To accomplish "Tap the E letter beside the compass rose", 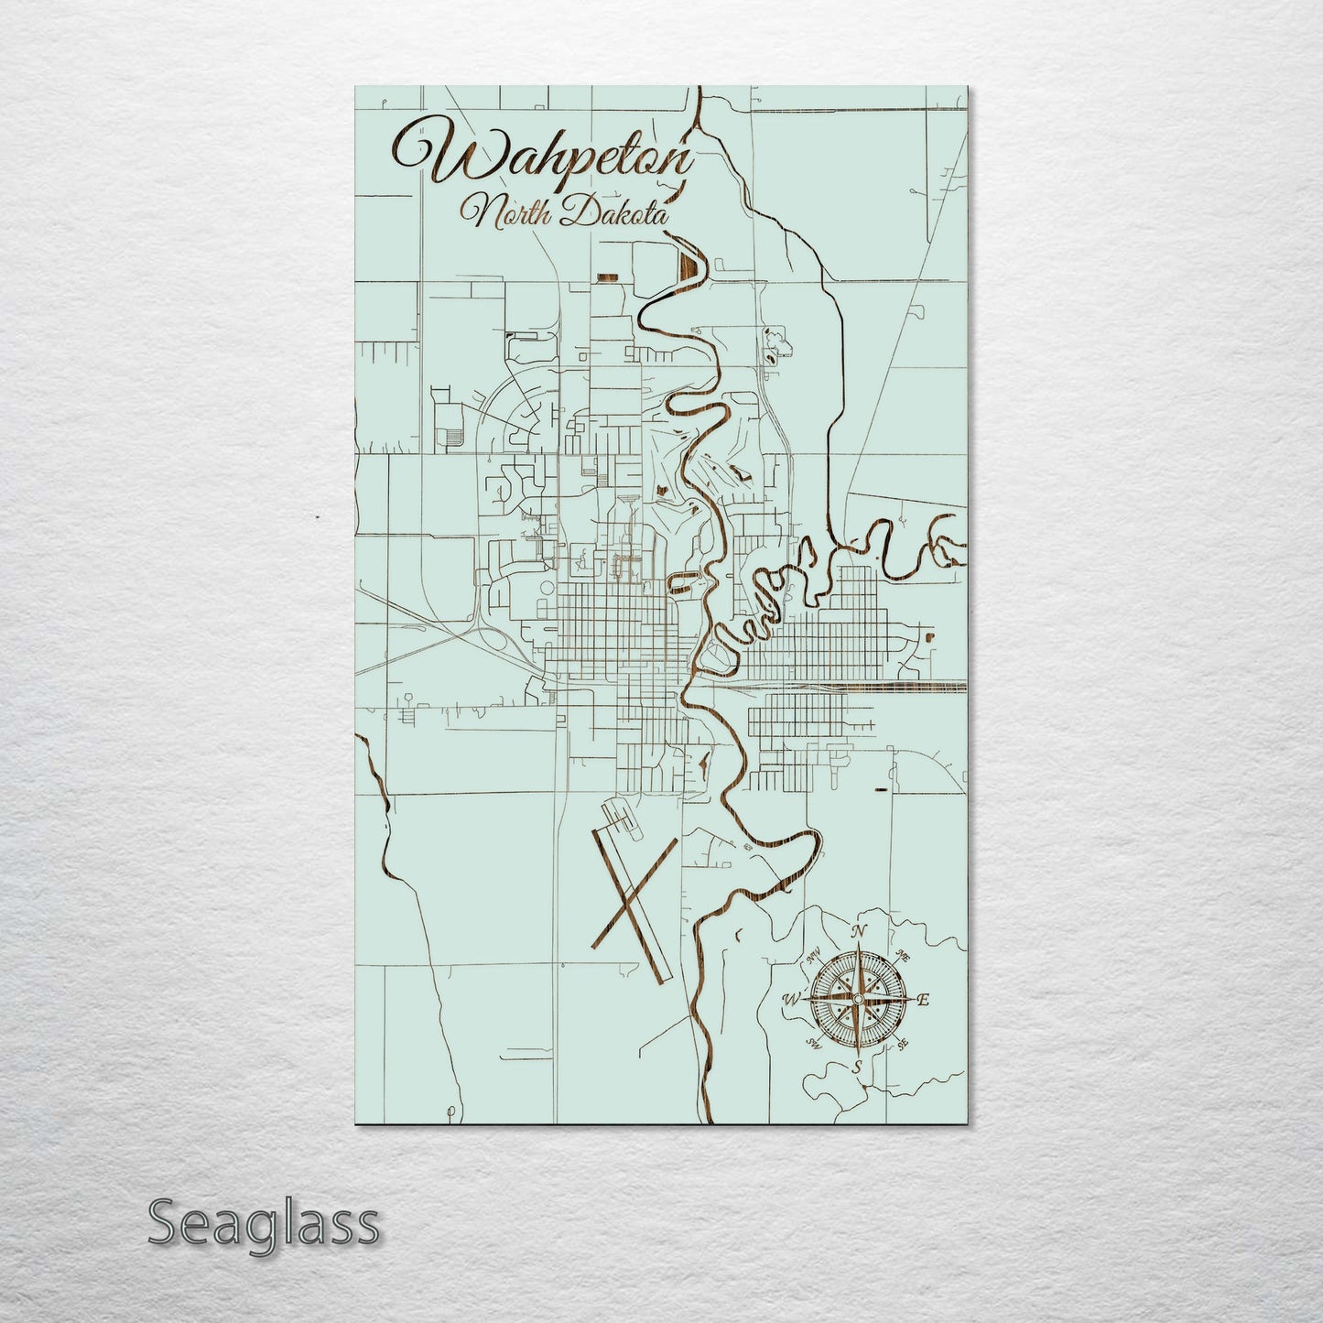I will click(x=923, y=1000).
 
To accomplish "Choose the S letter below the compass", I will click(x=857, y=1067).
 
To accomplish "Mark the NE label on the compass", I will click(x=904, y=957).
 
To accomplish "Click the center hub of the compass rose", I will click(x=858, y=1000).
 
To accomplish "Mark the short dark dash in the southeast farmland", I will click(x=881, y=788).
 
